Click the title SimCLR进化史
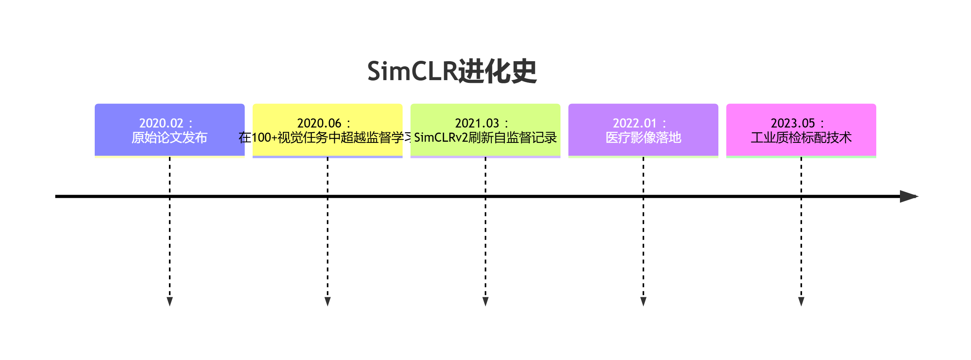click(452, 72)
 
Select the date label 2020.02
click(161, 123)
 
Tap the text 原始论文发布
click(169, 138)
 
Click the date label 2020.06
click(319, 123)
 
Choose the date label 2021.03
click(477, 123)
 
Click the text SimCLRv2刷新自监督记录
click(485, 138)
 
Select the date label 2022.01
click(635, 123)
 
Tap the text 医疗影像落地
click(643, 138)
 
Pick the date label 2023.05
click(793, 123)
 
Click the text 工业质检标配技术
click(801, 138)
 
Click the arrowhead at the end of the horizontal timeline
click(908, 196)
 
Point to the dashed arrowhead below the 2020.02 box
click(170, 302)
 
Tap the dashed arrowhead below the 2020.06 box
click(328, 302)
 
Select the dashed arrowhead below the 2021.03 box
click(485, 302)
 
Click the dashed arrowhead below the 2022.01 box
click(643, 302)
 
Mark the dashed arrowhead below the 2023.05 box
click(801, 302)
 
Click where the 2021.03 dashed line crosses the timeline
click(485, 196)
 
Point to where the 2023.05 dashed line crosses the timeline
click(801, 196)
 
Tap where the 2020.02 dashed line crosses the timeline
click(170, 196)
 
